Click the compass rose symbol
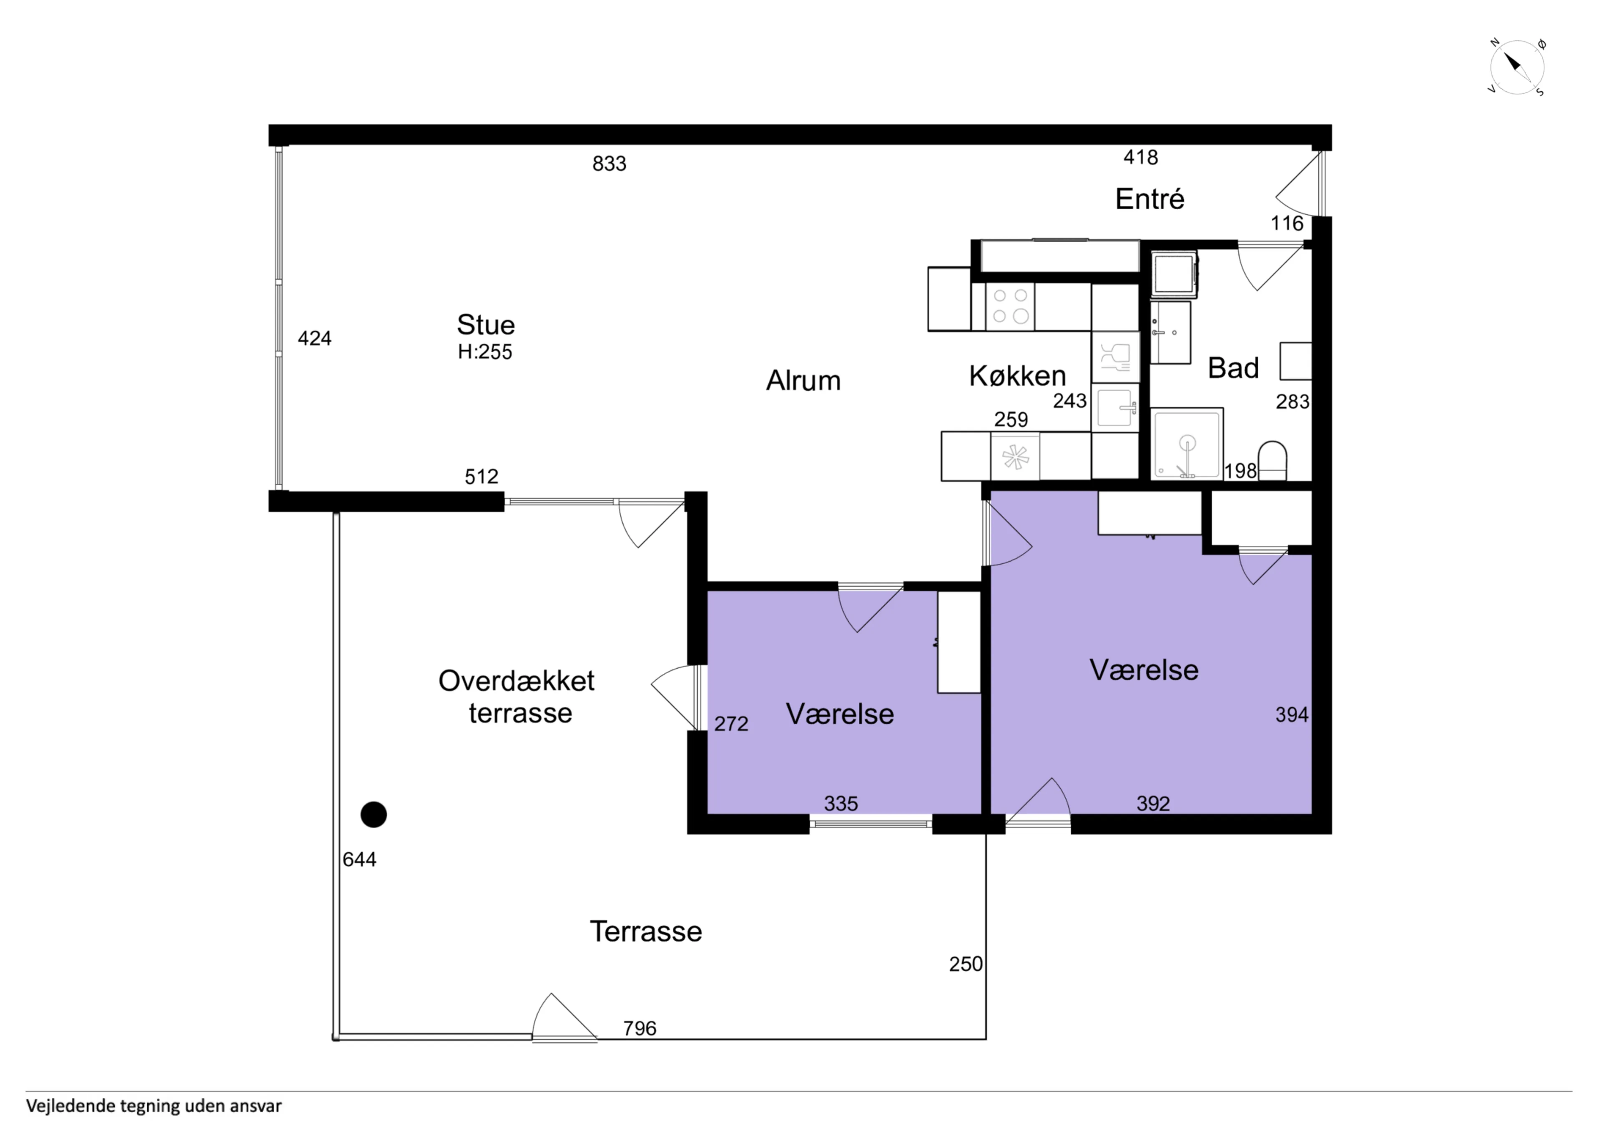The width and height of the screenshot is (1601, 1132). (x=1517, y=68)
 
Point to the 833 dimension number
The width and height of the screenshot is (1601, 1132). (x=610, y=164)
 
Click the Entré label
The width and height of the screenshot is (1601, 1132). (x=1150, y=199)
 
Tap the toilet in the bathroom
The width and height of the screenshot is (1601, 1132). (x=1272, y=460)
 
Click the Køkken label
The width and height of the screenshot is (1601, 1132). (x=1017, y=376)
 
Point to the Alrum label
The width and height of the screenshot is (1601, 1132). (x=803, y=381)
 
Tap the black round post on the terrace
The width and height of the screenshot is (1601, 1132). (x=374, y=815)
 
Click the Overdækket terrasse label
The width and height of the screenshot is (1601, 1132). (x=517, y=697)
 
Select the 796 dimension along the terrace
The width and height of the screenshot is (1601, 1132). (x=640, y=1029)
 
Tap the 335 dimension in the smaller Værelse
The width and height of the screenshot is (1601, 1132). (x=841, y=803)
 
